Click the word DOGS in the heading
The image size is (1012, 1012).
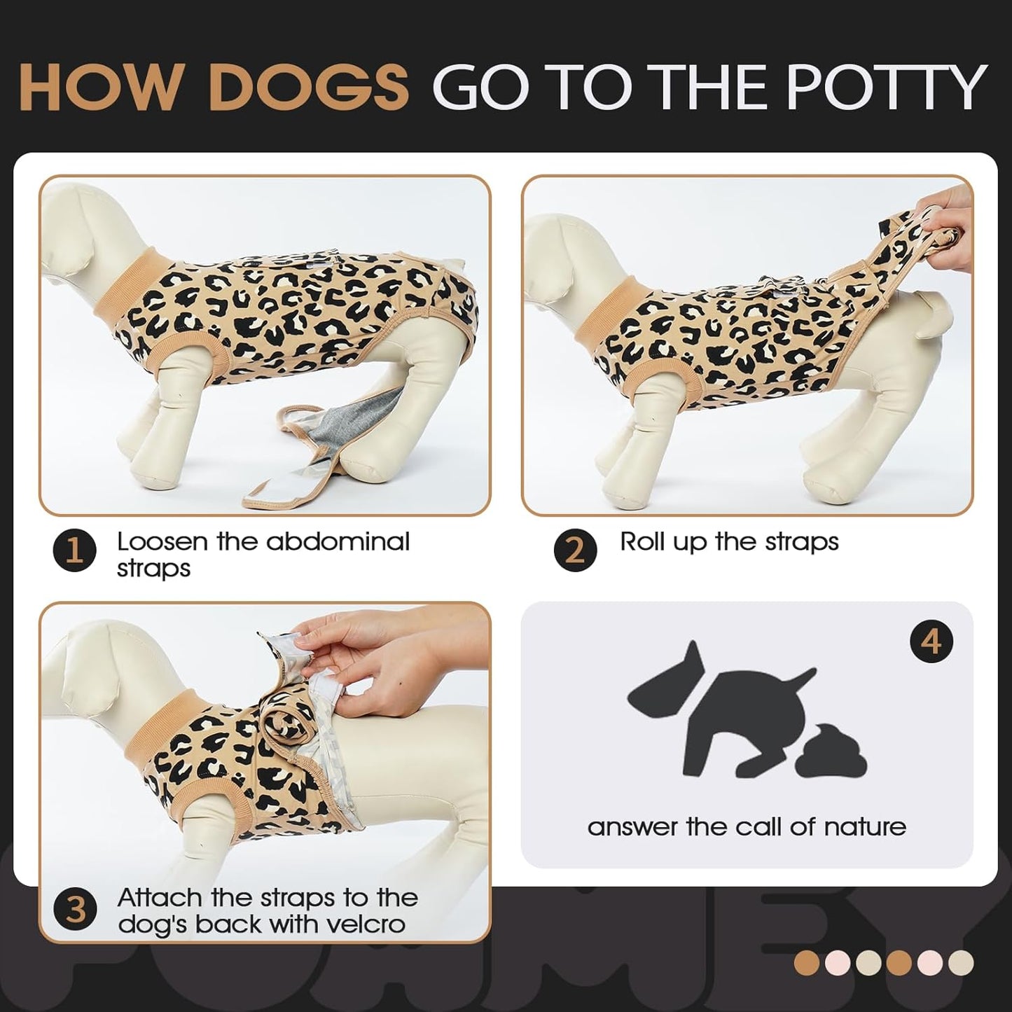click(x=308, y=88)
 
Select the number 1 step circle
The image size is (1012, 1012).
click(x=74, y=552)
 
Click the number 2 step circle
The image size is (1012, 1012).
click(x=575, y=551)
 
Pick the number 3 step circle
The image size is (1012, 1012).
click(x=75, y=910)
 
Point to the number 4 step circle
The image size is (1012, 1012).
click(x=931, y=642)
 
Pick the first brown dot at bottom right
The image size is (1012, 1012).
click(x=807, y=963)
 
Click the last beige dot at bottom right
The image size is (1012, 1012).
click(x=961, y=963)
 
